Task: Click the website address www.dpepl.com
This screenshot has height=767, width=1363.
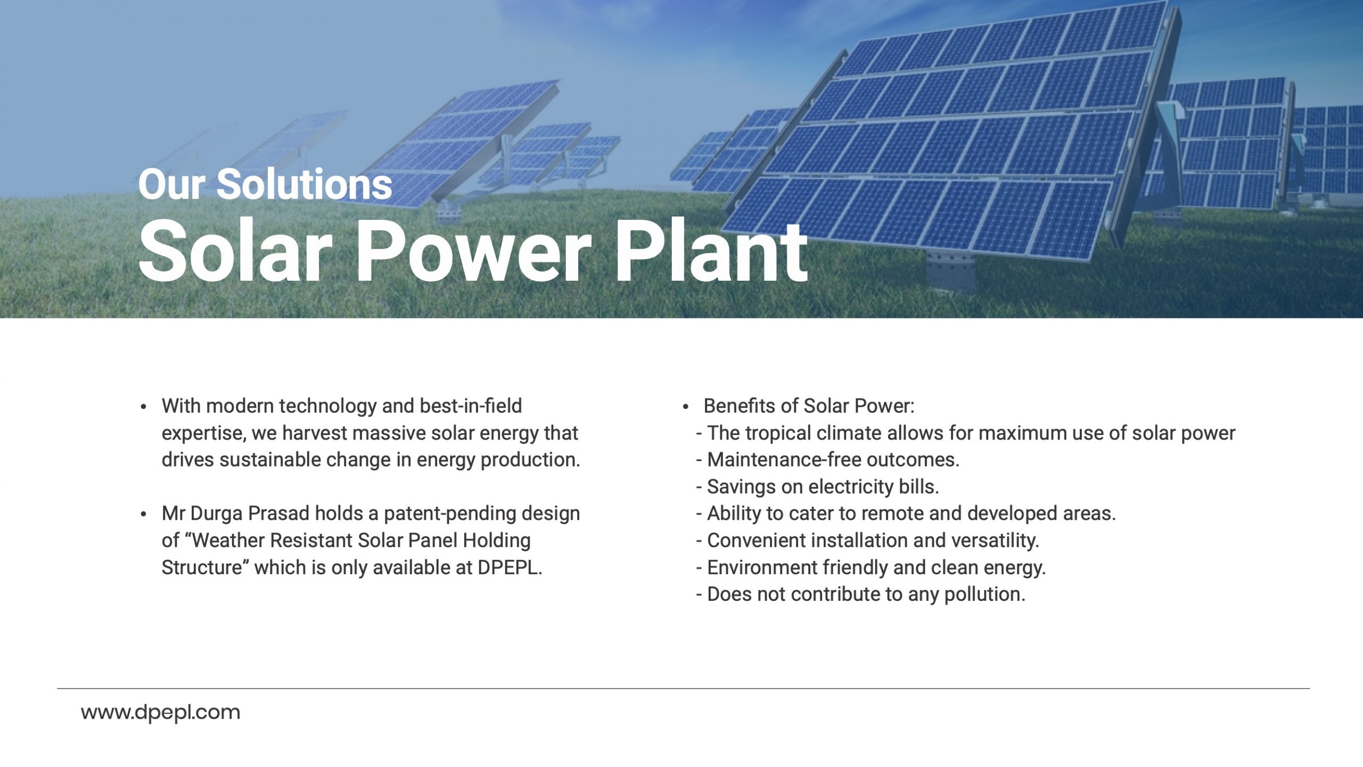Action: pyautogui.click(x=160, y=713)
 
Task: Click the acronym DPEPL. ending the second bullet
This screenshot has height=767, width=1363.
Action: pyautogui.click(x=510, y=568)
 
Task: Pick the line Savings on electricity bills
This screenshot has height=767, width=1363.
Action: pyautogui.click(x=818, y=487)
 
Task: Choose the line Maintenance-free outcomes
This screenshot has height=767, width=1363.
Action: pyautogui.click(x=828, y=460)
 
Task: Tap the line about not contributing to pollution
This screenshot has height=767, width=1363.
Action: pyautogui.click(x=861, y=594)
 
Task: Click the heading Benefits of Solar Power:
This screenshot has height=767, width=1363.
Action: pyautogui.click(x=809, y=406)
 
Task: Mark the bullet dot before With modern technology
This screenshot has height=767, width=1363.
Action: pyautogui.click(x=143, y=407)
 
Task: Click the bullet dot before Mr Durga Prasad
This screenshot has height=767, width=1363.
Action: pyautogui.click(x=143, y=515)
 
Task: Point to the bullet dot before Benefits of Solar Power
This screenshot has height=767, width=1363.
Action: pyautogui.click(x=686, y=407)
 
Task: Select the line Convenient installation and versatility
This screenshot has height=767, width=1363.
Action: pyautogui.click(x=868, y=541)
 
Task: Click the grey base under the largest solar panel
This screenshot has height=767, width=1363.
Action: pyautogui.click(x=951, y=272)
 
